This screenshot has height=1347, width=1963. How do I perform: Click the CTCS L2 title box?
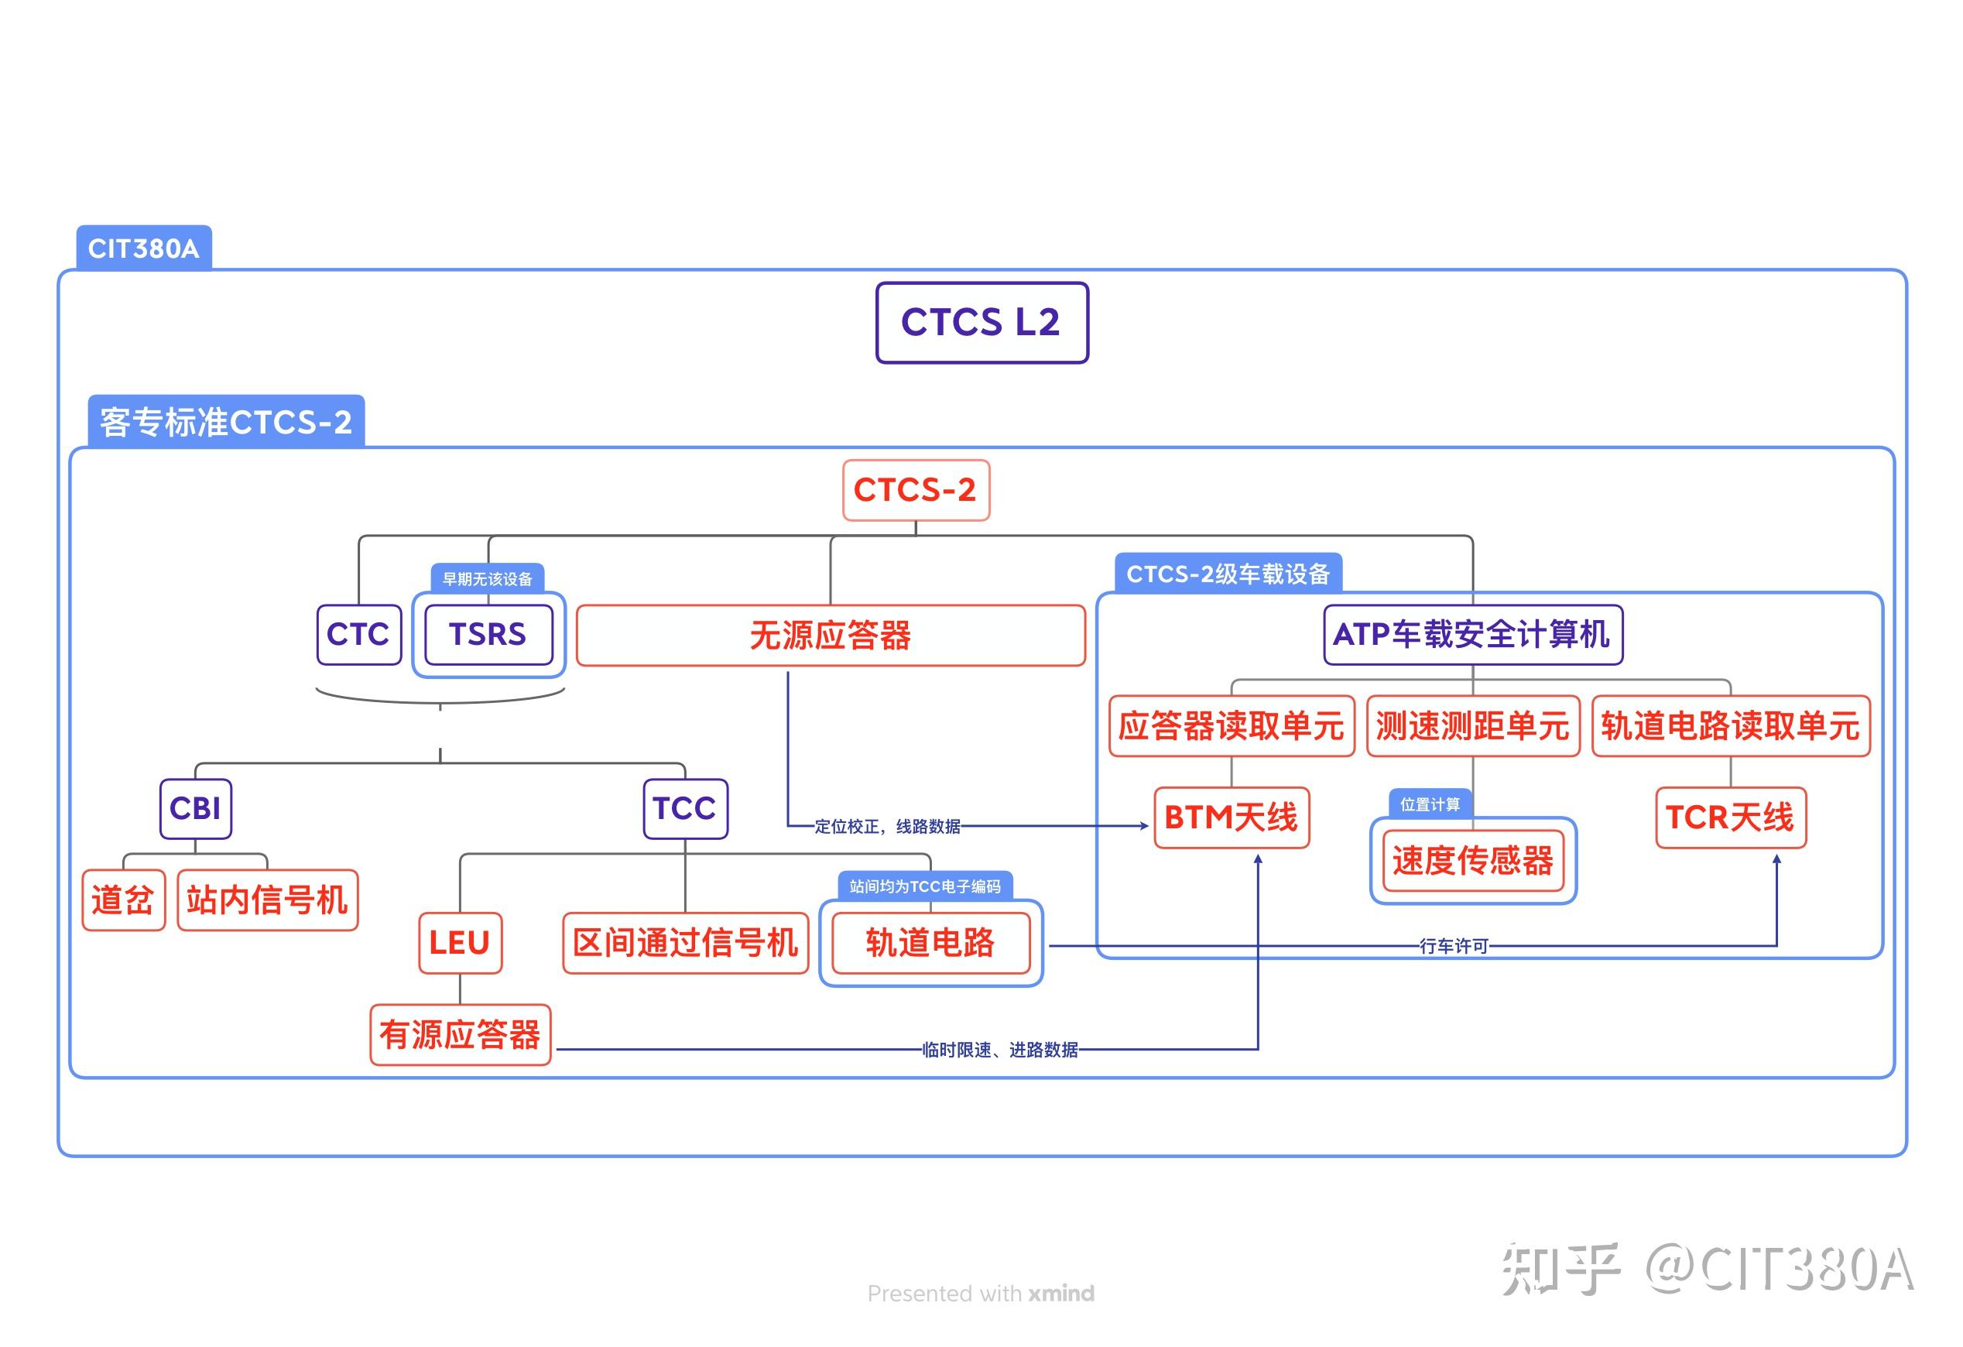[x=981, y=323]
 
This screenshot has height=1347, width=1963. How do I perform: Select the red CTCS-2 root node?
[x=916, y=490]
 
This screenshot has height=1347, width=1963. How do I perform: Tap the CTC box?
[x=358, y=634]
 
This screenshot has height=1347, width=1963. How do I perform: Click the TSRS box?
[x=488, y=634]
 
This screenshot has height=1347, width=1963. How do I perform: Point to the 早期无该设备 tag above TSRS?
[x=488, y=579]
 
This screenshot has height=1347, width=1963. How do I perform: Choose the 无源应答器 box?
[x=831, y=635]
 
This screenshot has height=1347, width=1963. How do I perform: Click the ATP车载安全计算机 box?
[x=1472, y=634]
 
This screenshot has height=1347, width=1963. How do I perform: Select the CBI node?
[x=195, y=808]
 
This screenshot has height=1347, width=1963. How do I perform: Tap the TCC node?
[x=685, y=808]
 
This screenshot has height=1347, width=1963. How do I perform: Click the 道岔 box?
[x=123, y=900]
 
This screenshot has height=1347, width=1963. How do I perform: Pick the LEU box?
[x=460, y=942]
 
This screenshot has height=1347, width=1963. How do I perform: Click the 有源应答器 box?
[x=461, y=1034]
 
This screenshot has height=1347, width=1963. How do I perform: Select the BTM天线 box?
[x=1232, y=817]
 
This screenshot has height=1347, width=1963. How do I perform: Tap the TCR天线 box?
[x=1730, y=817]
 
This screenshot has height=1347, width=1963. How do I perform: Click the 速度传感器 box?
[x=1472, y=861]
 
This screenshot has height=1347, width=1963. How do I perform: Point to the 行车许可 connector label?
[x=1453, y=946]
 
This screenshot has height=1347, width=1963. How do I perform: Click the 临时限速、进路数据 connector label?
[x=1000, y=1050]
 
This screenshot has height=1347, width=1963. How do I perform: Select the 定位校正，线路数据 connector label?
[x=887, y=826]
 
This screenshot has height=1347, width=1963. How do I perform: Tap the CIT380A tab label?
[x=144, y=248]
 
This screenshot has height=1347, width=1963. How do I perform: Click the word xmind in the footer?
[x=1061, y=1293]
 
